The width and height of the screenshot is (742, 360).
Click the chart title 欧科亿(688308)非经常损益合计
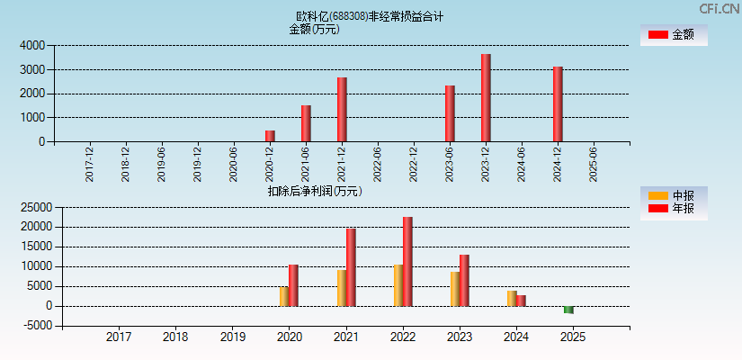click(x=370, y=16)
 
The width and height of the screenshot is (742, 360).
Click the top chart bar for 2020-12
click(x=270, y=136)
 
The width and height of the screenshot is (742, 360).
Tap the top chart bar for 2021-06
click(x=306, y=123)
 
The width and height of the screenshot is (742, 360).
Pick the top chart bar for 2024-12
click(x=558, y=103)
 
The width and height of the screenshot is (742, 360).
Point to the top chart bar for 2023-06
click(x=450, y=113)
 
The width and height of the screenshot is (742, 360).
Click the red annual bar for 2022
click(x=407, y=261)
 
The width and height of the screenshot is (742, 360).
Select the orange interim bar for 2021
click(x=342, y=288)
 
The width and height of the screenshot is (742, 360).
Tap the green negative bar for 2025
click(x=568, y=310)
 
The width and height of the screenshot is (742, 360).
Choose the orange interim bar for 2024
click(x=511, y=298)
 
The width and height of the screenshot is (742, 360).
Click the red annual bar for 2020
click(x=293, y=285)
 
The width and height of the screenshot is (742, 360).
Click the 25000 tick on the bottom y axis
click(x=30, y=207)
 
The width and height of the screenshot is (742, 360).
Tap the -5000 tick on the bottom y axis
click(x=32, y=326)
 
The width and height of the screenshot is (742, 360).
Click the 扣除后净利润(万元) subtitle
click(x=315, y=191)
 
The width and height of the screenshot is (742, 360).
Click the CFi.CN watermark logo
click(x=719, y=9)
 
